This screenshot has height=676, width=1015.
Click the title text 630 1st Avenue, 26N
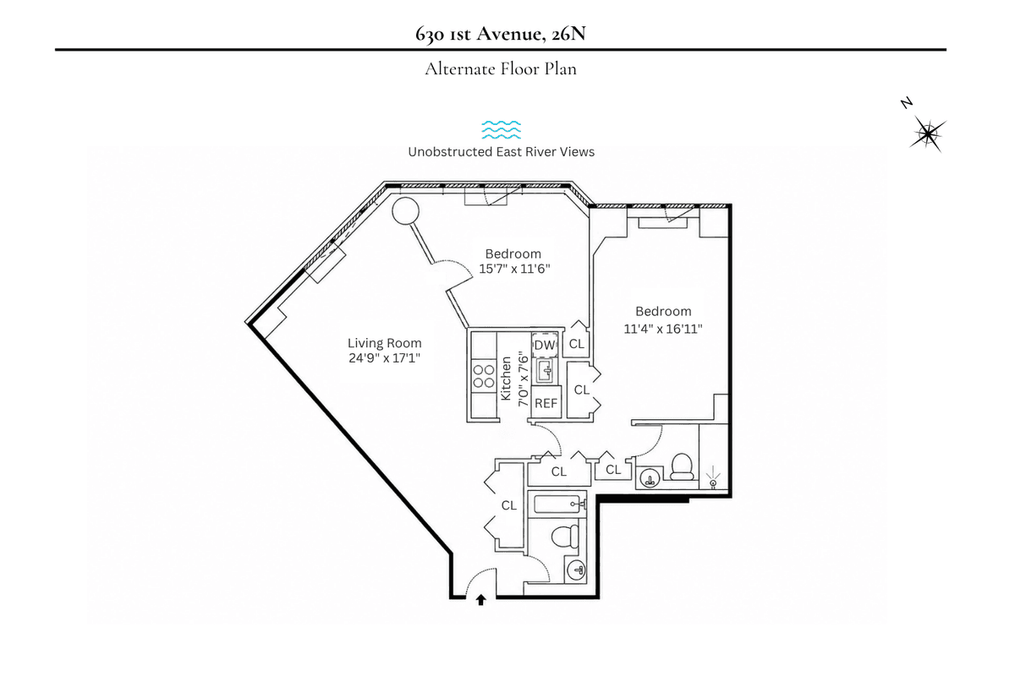coord(500,34)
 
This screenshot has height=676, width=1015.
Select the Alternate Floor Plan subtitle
coord(500,68)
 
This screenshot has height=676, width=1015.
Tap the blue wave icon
coord(501,129)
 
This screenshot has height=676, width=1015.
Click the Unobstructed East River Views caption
coord(501,152)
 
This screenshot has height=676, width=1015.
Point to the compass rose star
coord(928,134)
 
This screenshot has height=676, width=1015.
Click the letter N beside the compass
coord(906,103)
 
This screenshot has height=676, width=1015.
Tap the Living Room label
coord(384,343)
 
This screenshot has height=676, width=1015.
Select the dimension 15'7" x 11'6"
coord(514,269)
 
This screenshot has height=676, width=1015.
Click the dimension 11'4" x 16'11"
coord(663,328)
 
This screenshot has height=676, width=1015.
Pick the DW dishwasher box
coord(545,345)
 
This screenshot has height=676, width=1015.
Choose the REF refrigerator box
coord(546,402)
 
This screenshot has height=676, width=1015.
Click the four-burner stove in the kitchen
coord(484,377)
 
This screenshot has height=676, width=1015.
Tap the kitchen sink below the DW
coord(546,371)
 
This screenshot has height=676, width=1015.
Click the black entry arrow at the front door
coord(480,600)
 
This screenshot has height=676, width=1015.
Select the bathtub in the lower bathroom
coord(557,504)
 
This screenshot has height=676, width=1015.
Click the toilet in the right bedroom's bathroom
coord(682,466)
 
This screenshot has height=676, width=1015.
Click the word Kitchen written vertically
coord(506,379)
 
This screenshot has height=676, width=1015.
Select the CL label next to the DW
coord(576,344)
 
